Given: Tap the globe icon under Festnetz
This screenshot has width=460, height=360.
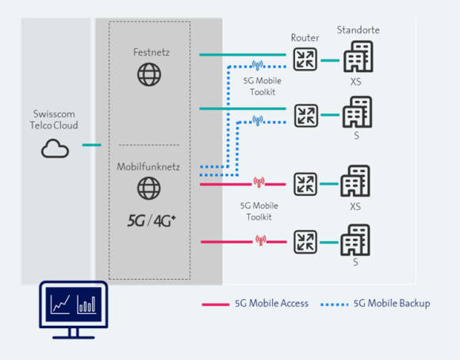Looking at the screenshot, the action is [x=149, y=75].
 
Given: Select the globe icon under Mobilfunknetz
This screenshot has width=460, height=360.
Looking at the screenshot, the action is [x=149, y=189].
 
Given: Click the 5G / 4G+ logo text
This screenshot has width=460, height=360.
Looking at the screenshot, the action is [x=151, y=220].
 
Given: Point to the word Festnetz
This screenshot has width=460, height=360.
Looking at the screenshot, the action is [x=151, y=52].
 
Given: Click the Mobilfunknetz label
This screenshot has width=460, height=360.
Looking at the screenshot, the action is [x=148, y=167].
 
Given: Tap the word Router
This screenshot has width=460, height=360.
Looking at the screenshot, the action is [x=305, y=37].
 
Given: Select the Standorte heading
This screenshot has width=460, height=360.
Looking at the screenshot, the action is [x=358, y=30].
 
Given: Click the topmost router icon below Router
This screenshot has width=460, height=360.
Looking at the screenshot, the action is [x=305, y=59].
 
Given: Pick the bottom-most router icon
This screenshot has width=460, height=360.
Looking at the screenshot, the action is [x=305, y=242].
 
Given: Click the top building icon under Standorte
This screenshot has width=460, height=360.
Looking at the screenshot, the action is [x=358, y=56].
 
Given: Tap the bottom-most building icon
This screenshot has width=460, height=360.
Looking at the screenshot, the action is [x=355, y=240].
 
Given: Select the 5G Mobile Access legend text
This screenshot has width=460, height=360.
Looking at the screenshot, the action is [x=272, y=304].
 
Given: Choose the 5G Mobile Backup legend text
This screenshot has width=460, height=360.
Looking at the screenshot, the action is [x=392, y=304].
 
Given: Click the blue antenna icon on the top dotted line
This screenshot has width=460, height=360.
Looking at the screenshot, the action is [x=257, y=65].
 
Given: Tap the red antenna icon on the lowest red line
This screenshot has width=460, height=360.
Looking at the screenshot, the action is [x=261, y=240].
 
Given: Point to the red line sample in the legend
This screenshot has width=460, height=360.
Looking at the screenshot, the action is [x=216, y=304].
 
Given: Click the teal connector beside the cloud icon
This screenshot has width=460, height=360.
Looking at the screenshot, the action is [x=91, y=145].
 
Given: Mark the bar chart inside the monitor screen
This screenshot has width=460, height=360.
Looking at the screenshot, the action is [x=86, y=304].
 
